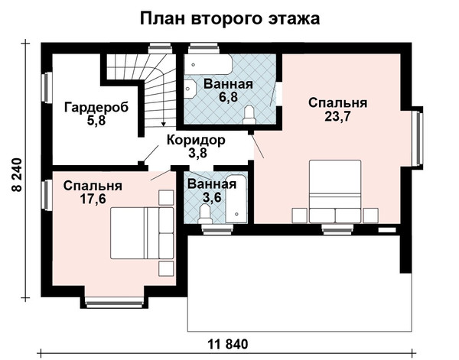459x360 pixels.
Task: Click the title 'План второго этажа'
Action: tap(229, 19)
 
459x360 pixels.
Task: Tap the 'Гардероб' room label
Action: tap(96, 108)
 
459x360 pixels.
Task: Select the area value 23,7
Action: tap(337, 116)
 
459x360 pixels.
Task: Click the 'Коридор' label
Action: tap(196, 140)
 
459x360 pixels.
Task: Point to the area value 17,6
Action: tap(93, 199)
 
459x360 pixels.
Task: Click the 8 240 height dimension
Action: tap(18, 174)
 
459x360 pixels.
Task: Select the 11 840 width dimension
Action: tap(228, 344)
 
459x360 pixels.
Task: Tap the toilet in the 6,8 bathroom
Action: tap(249, 115)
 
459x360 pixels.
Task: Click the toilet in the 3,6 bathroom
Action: tap(204, 214)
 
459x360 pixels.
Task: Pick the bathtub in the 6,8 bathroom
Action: tap(208, 64)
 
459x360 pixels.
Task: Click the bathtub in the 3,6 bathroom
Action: tap(236, 199)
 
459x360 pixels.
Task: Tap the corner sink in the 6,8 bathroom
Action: tap(190, 89)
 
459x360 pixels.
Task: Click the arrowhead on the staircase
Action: tap(164, 124)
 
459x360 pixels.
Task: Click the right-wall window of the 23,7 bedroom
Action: tap(419, 138)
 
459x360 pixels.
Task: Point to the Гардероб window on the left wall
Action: tap(46, 87)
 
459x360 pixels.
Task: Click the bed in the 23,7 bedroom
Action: tap(335, 191)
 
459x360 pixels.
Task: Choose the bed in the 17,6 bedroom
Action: tap(142, 233)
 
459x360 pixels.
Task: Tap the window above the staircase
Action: tap(160, 49)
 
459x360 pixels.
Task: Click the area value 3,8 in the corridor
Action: tap(197, 153)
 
